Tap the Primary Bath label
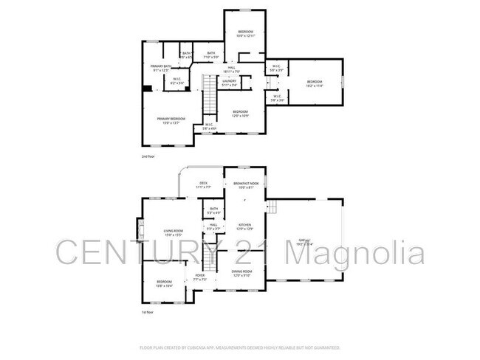(x=161, y=66)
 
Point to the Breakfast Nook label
(x=245, y=183)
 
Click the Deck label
(x=203, y=183)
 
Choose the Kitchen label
(x=244, y=225)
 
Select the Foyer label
(x=199, y=276)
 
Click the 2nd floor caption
(x=149, y=156)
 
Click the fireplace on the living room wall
(x=138, y=230)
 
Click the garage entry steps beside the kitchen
(x=270, y=207)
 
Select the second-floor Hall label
(x=231, y=68)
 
